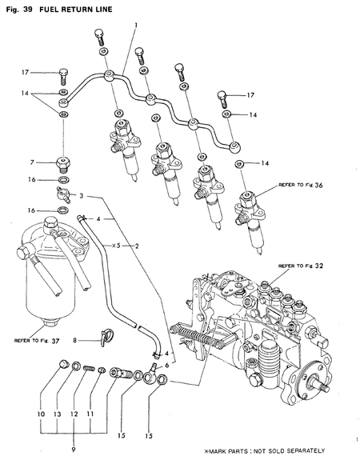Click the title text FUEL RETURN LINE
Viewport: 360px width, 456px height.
[x=78, y=8]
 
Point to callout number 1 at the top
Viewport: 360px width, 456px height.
[x=137, y=26]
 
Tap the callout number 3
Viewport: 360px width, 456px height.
[x=82, y=195]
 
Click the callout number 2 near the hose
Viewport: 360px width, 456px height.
[x=137, y=245]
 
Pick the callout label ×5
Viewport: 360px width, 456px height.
[x=117, y=245]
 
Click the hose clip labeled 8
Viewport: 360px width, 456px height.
[x=105, y=339]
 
